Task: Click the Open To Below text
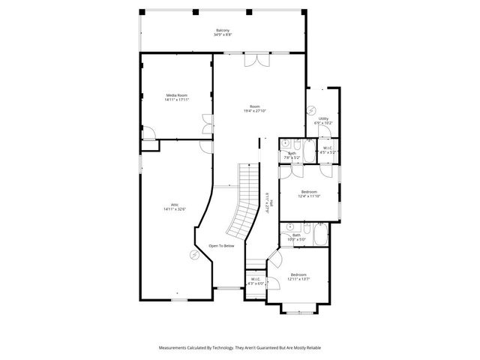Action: click(222, 246)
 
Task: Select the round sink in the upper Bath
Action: click(286, 143)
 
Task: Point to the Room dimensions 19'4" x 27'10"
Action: click(255, 111)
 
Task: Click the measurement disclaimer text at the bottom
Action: click(239, 348)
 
